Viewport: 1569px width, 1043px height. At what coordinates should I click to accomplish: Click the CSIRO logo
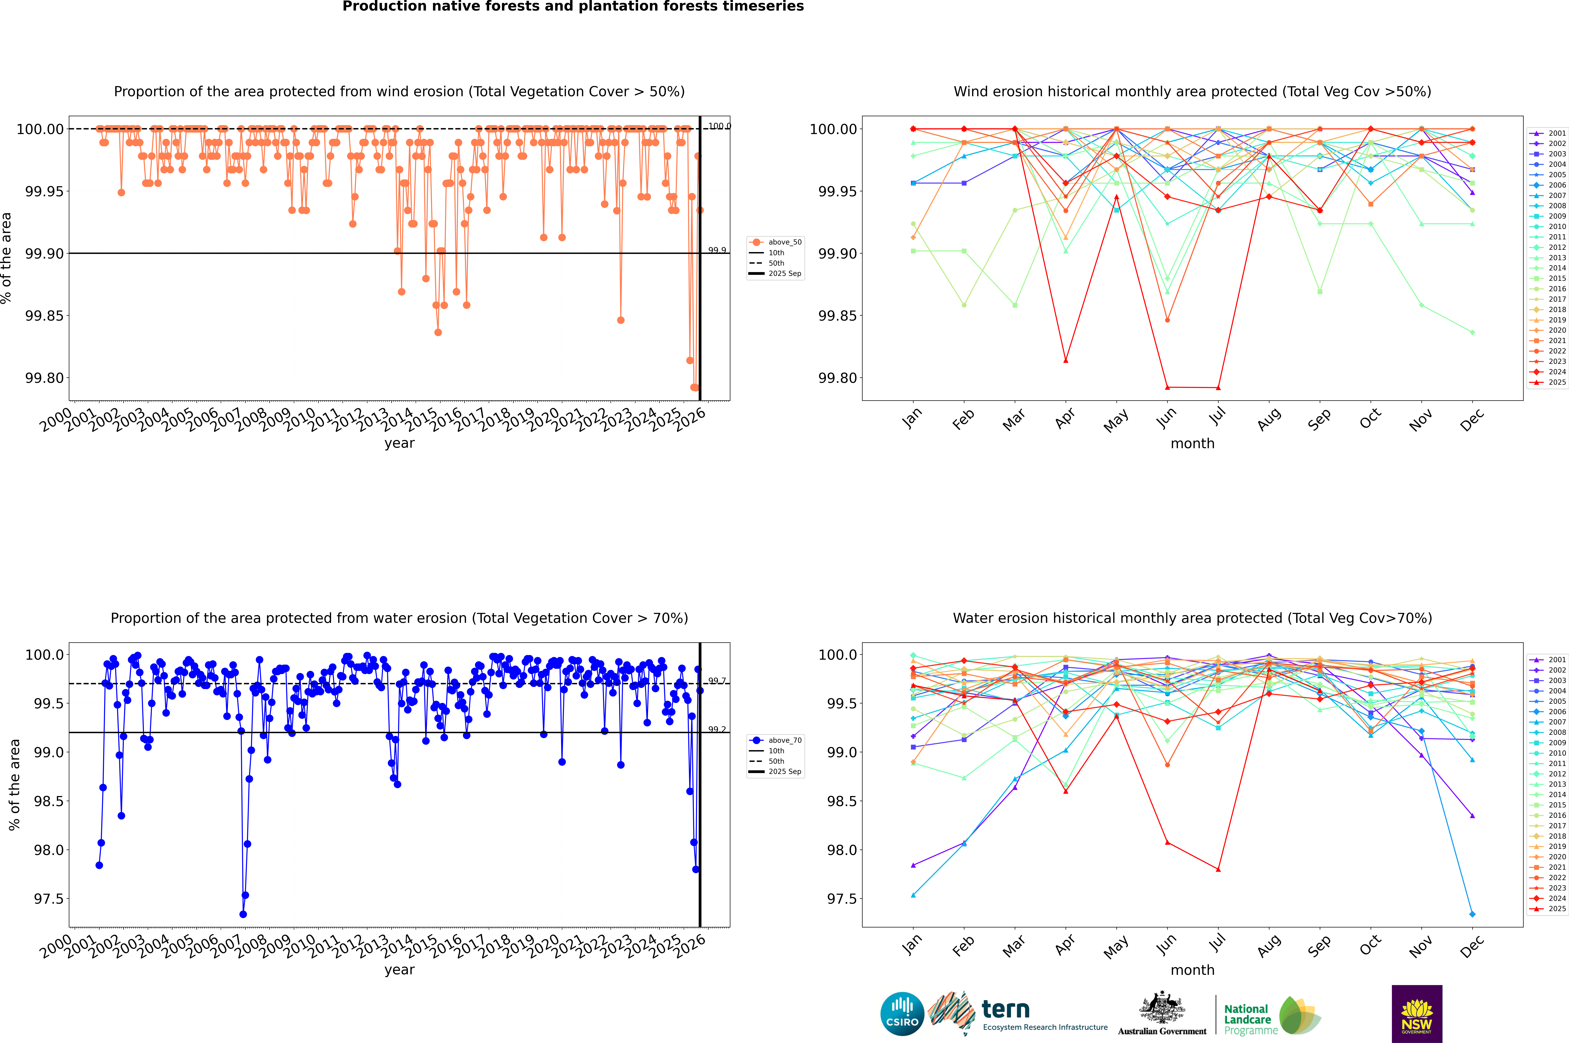(x=902, y=1014)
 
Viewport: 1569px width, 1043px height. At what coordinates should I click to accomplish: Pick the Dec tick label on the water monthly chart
(x=1472, y=946)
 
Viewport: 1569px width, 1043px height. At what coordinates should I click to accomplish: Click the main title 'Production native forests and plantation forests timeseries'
(x=573, y=7)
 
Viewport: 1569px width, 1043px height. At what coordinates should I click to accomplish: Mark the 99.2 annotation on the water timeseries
(x=717, y=730)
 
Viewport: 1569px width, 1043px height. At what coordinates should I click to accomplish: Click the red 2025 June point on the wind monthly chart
(x=1167, y=387)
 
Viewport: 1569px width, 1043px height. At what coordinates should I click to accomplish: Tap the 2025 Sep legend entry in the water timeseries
(x=785, y=772)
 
